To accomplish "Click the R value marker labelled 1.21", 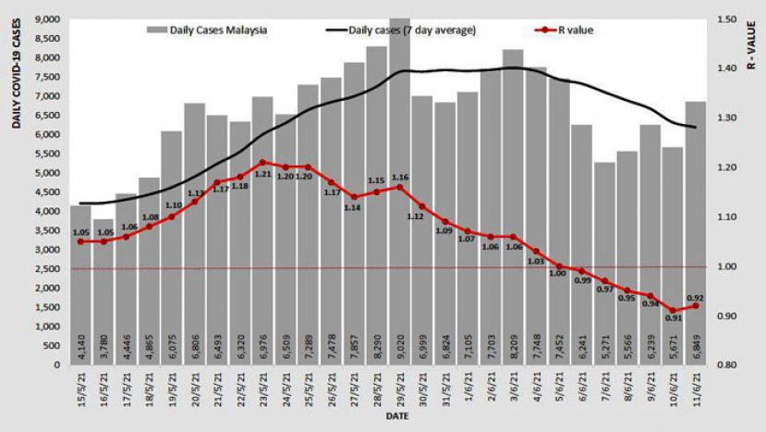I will click(x=262, y=162).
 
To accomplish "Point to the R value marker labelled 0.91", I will click(x=673, y=311).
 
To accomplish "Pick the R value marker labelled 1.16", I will click(x=399, y=187).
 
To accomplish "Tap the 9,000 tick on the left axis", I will click(x=46, y=19).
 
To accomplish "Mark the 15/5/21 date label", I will click(x=80, y=390).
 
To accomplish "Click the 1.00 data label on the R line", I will click(x=558, y=274).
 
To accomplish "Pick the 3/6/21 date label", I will click(x=513, y=390).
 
